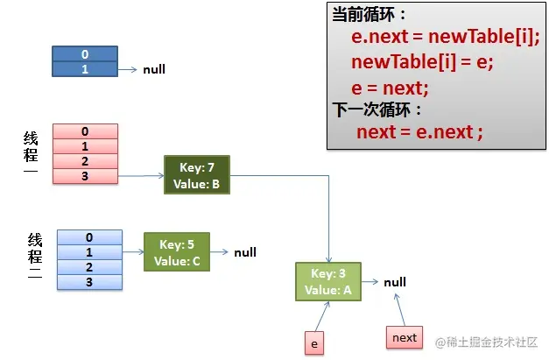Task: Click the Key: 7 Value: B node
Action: (x=196, y=175)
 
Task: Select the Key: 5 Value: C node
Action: (x=177, y=251)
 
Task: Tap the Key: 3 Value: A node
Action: (x=328, y=281)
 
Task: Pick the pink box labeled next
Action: (x=404, y=337)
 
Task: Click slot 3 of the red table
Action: (x=85, y=176)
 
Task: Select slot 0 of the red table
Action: (x=85, y=132)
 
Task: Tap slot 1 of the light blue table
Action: (x=88, y=251)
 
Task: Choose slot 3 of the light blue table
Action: (x=88, y=281)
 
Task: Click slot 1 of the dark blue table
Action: (x=85, y=68)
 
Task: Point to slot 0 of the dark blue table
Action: (x=85, y=54)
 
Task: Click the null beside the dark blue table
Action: (x=154, y=69)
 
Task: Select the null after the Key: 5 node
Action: (x=245, y=252)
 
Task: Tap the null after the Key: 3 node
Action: (x=395, y=282)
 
